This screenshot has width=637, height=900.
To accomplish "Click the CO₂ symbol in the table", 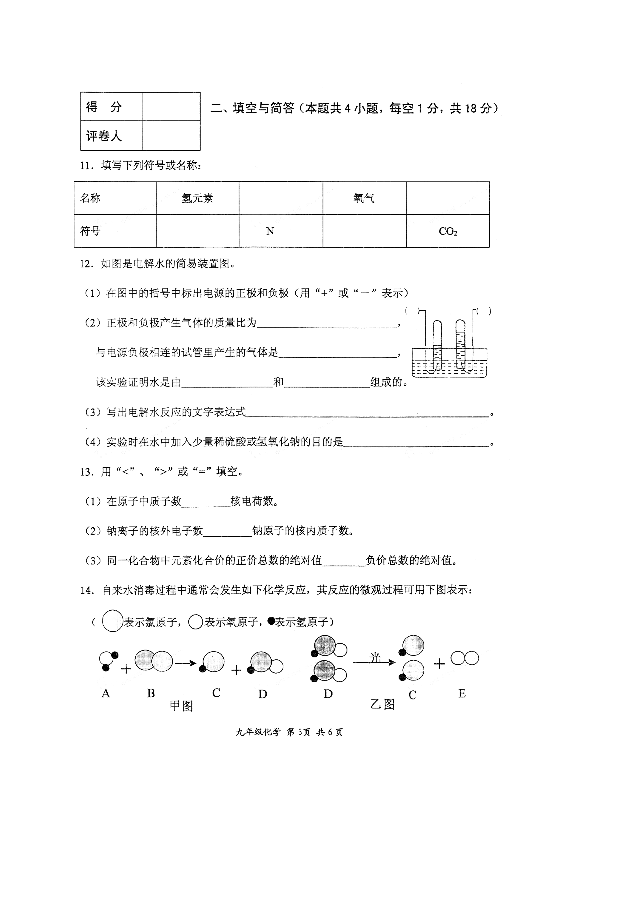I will click(x=448, y=231).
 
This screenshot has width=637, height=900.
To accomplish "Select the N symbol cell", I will click(x=270, y=231).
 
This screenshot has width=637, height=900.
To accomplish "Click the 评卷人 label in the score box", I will click(x=104, y=136).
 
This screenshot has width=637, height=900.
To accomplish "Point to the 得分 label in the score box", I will click(x=104, y=107).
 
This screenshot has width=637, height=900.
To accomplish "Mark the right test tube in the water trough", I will click(x=460, y=345).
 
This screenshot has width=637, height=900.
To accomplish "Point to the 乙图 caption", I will click(x=383, y=704).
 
